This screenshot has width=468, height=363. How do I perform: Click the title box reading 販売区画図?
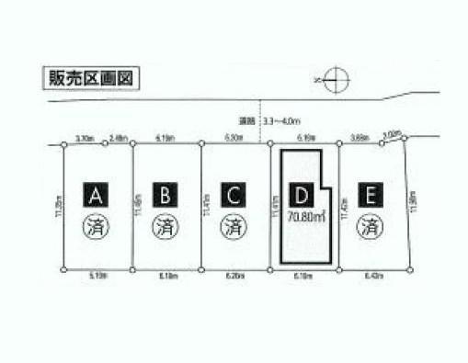pos(90,78)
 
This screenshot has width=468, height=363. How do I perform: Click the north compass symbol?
pos(336,81)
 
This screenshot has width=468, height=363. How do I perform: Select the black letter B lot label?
pos(166,195)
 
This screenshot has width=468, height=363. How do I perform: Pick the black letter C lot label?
pos(234,195)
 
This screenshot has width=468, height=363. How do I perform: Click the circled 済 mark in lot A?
pos(97,224)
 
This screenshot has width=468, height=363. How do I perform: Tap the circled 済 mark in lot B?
pos(166,224)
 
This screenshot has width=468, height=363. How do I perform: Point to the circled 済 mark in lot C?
pos(234,224)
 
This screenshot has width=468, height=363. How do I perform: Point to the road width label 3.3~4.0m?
pos(280,120)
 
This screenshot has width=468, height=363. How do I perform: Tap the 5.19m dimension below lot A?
pos(97,276)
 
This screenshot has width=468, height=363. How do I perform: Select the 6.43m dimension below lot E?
pos(372,276)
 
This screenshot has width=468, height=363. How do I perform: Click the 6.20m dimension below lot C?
pos(235,276)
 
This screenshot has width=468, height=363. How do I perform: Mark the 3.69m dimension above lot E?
pos(360,138)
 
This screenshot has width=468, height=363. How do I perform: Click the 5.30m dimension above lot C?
pos(235,138)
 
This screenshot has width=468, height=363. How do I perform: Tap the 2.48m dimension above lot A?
pos(118,138)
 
